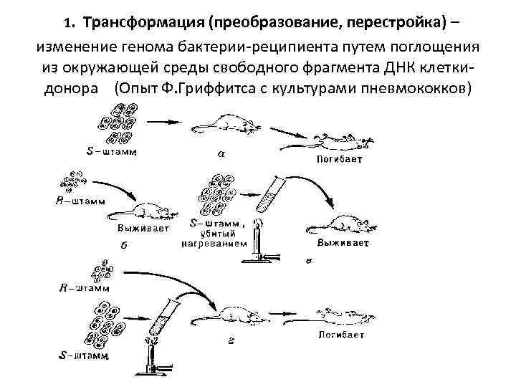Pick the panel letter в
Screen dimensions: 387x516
[x=307, y=261]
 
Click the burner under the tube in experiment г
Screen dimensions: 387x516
[x=154, y=362]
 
